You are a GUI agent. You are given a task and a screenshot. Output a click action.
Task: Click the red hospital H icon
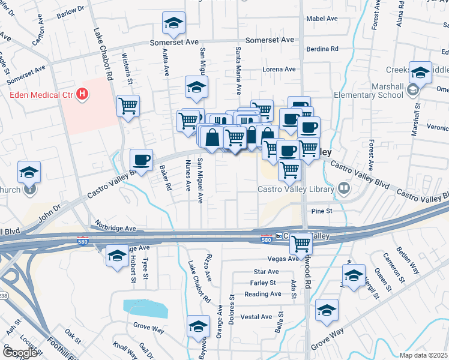[82, 95]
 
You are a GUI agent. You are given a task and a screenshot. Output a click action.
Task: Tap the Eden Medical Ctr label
[40, 95]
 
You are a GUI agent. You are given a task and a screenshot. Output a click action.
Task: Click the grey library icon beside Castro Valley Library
[344, 189]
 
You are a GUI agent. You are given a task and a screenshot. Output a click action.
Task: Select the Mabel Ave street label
[322, 19]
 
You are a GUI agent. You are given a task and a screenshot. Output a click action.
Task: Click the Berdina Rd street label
[322, 49]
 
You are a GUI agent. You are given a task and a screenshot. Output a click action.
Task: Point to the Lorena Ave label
[280, 70]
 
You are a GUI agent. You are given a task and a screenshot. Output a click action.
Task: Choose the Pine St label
[322, 211]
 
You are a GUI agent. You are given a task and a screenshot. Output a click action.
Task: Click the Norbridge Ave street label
[113, 229]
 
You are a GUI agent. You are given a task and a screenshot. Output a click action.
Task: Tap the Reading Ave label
[262, 294]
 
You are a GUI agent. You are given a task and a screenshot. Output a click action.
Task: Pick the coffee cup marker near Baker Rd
[142, 160]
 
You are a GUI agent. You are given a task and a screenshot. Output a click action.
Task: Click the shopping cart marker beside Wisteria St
[128, 107]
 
